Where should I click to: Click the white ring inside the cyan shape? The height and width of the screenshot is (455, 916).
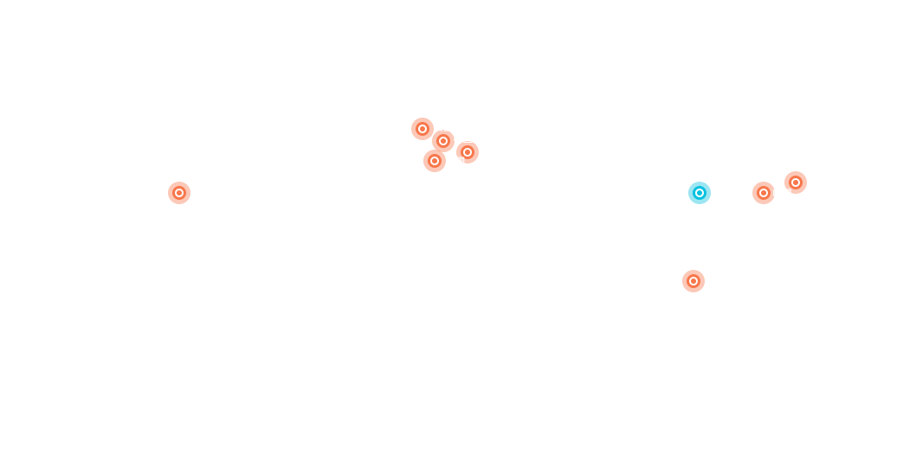click(x=700, y=193)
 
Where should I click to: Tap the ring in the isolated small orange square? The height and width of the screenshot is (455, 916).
click(x=179, y=193)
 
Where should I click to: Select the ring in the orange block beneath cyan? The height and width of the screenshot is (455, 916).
click(x=693, y=281)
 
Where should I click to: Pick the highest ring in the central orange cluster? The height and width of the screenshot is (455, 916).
click(x=423, y=129)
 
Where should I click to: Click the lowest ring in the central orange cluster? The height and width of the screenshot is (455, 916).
click(x=435, y=161)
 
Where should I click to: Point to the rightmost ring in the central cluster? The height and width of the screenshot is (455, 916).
click(x=468, y=152)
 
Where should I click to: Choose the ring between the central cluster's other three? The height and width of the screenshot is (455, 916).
click(x=443, y=141)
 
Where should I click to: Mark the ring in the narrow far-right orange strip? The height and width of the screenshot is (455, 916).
click(x=796, y=183)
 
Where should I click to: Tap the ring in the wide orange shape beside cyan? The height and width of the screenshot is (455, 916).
click(x=764, y=193)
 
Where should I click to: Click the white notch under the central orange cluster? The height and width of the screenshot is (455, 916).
click(x=457, y=165)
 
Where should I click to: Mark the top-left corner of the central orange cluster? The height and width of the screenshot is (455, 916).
click(x=412, y=119)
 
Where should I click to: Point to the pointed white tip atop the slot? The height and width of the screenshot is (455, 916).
click(x=779, y=183)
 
